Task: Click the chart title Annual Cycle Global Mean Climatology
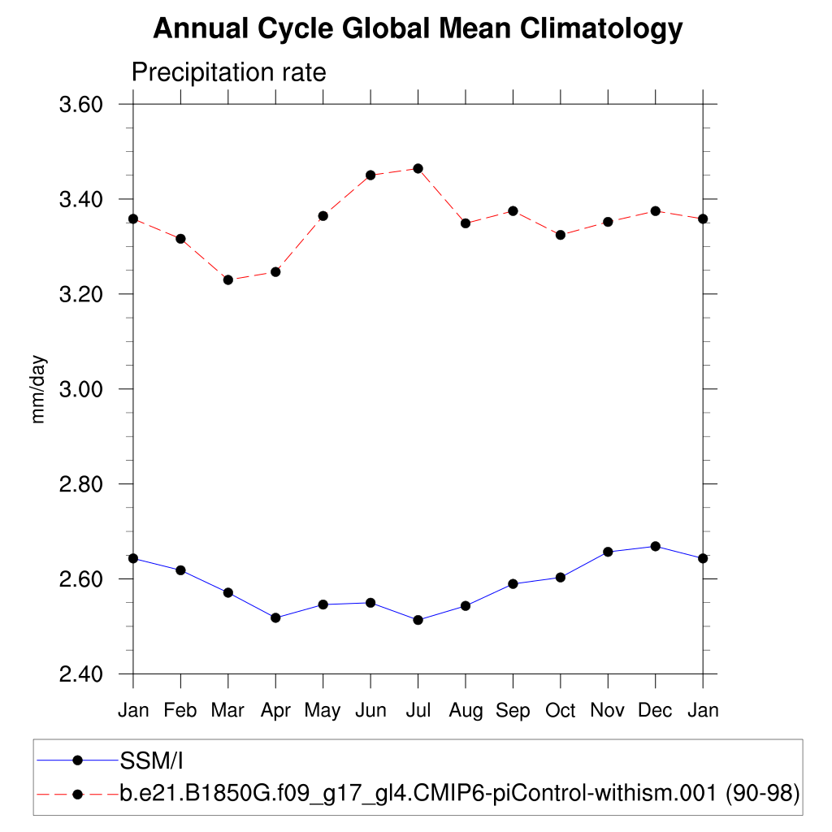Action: pos(418,29)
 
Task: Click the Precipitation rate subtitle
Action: pos(228,73)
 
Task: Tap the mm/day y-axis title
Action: pos(38,389)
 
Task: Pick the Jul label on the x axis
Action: pos(418,711)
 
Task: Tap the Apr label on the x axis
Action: pos(275,711)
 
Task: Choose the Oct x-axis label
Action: pos(561,711)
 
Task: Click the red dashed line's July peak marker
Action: pos(418,168)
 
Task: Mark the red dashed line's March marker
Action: pos(228,279)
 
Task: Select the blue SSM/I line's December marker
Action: pos(656,546)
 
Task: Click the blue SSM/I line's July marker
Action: pos(418,620)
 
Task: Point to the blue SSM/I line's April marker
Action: pos(275,617)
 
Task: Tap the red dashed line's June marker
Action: pos(370,175)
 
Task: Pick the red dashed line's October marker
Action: pos(561,235)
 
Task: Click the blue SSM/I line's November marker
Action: pos(608,552)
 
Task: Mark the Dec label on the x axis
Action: pos(655,711)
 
